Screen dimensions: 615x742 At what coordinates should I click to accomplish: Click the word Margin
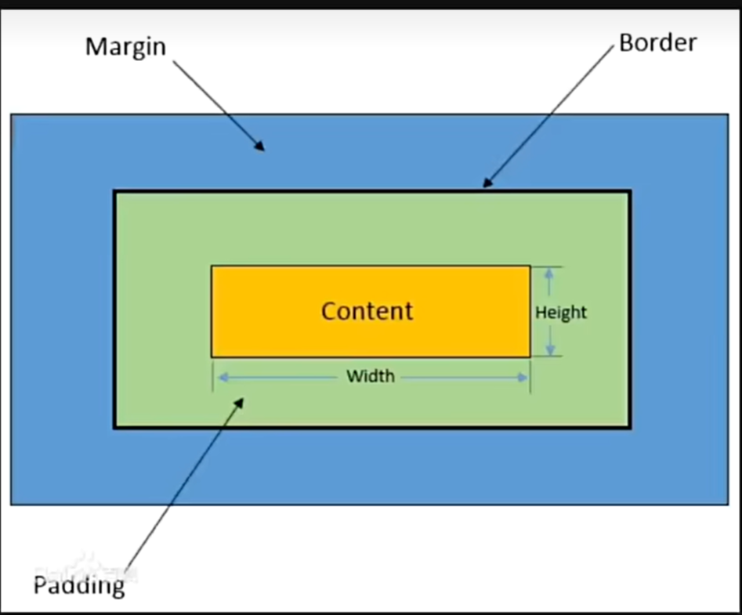point(125,46)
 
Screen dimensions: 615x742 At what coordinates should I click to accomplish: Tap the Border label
point(657,42)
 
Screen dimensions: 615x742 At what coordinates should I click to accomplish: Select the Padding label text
point(78,584)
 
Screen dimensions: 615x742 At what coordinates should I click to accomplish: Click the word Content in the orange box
point(367,311)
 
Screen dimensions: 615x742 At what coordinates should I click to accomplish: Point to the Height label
point(561,313)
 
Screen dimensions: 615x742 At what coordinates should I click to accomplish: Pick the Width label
point(371,377)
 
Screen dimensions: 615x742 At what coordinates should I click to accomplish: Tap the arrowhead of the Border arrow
point(486,185)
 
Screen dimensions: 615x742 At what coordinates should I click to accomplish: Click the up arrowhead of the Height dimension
point(550,272)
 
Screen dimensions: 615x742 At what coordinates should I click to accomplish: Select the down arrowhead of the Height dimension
point(550,352)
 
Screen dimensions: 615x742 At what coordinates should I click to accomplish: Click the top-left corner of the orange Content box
point(212,266)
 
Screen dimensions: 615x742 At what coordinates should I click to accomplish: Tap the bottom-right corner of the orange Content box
point(530,356)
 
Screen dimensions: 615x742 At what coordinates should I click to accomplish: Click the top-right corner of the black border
point(630,191)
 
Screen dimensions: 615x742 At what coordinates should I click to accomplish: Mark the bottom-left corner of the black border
point(115,427)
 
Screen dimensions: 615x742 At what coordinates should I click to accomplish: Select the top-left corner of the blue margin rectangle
point(11,115)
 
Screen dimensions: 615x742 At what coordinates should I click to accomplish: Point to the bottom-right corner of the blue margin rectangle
point(727,504)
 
